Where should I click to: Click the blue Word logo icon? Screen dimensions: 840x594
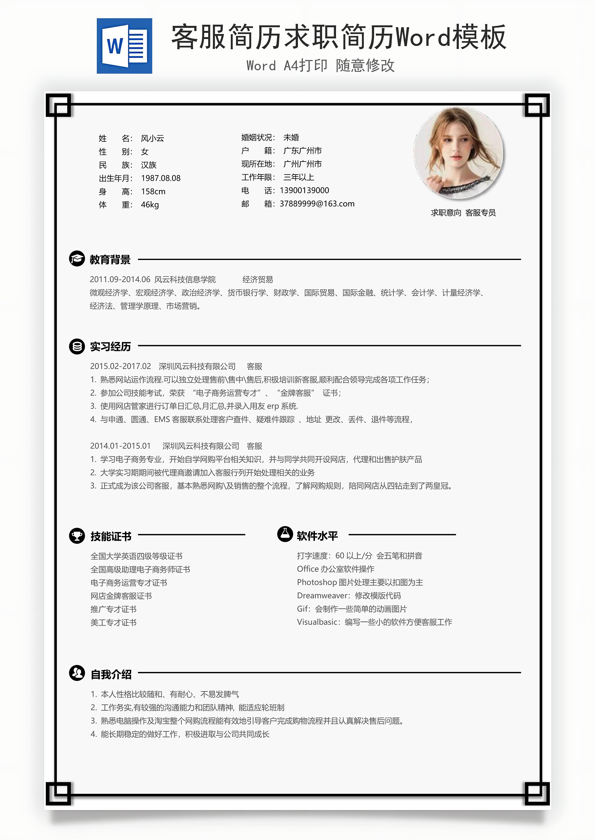pos(124,46)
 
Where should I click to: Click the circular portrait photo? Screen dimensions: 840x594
pos(458,153)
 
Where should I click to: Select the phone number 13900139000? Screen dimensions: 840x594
pos(304,191)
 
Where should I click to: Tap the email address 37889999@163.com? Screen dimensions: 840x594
pos(317,204)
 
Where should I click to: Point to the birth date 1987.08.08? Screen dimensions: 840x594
pos(161,178)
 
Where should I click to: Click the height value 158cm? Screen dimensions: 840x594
pos(153,192)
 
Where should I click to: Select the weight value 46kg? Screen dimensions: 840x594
pos(150,205)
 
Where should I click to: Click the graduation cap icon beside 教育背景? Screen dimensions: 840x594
pos(77,259)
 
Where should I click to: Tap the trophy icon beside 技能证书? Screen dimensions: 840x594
pos(77,536)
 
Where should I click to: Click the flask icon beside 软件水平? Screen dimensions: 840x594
pos(285,534)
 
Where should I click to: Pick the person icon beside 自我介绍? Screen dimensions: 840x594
pos(77,673)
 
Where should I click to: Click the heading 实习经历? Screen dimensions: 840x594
pos(110,346)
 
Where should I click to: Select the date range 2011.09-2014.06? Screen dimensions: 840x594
pos(120,279)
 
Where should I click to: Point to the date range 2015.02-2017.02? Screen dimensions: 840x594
pos(120,366)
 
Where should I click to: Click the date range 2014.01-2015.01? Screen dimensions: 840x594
pos(120,446)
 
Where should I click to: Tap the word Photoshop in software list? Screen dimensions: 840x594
pos(317,582)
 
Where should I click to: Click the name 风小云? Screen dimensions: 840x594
pos(152,138)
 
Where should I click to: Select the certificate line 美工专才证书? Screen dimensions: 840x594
pos(114,623)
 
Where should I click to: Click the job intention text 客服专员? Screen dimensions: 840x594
pos(480,213)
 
